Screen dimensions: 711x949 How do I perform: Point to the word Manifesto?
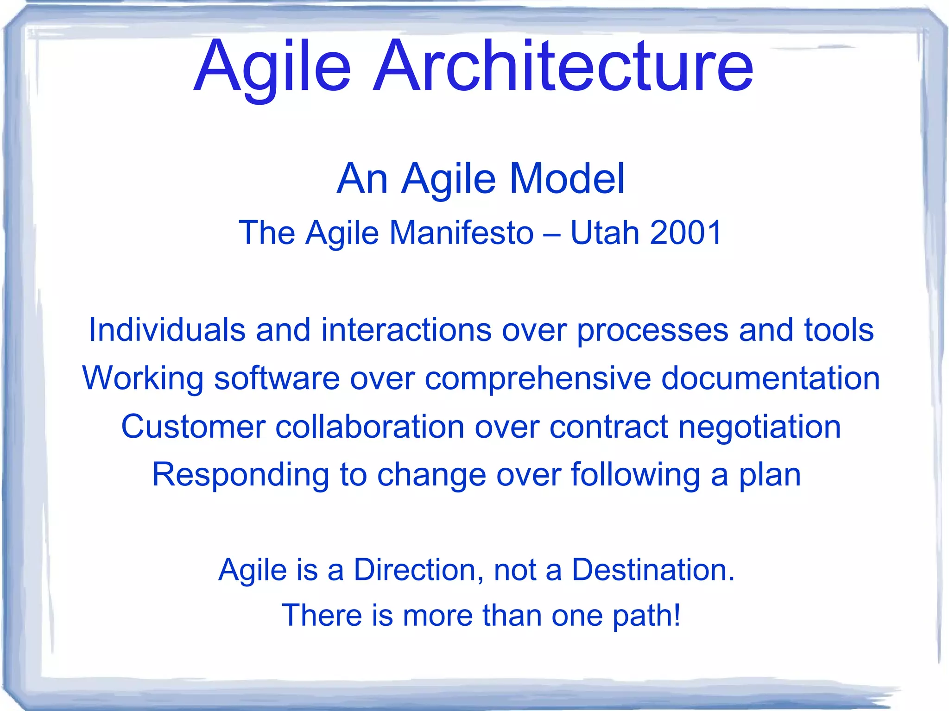point(461,233)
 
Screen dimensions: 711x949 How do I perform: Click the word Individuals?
point(167,330)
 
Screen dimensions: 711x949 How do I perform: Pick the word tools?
point(839,330)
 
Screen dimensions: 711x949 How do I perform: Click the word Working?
point(143,379)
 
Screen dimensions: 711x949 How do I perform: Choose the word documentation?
point(770,378)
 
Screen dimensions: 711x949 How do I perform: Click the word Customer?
point(193,427)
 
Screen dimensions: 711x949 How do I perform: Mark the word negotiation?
point(759,428)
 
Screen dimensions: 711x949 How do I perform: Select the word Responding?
point(240,476)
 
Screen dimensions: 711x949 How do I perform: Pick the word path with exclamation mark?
point(646,616)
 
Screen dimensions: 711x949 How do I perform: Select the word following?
point(635,476)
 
